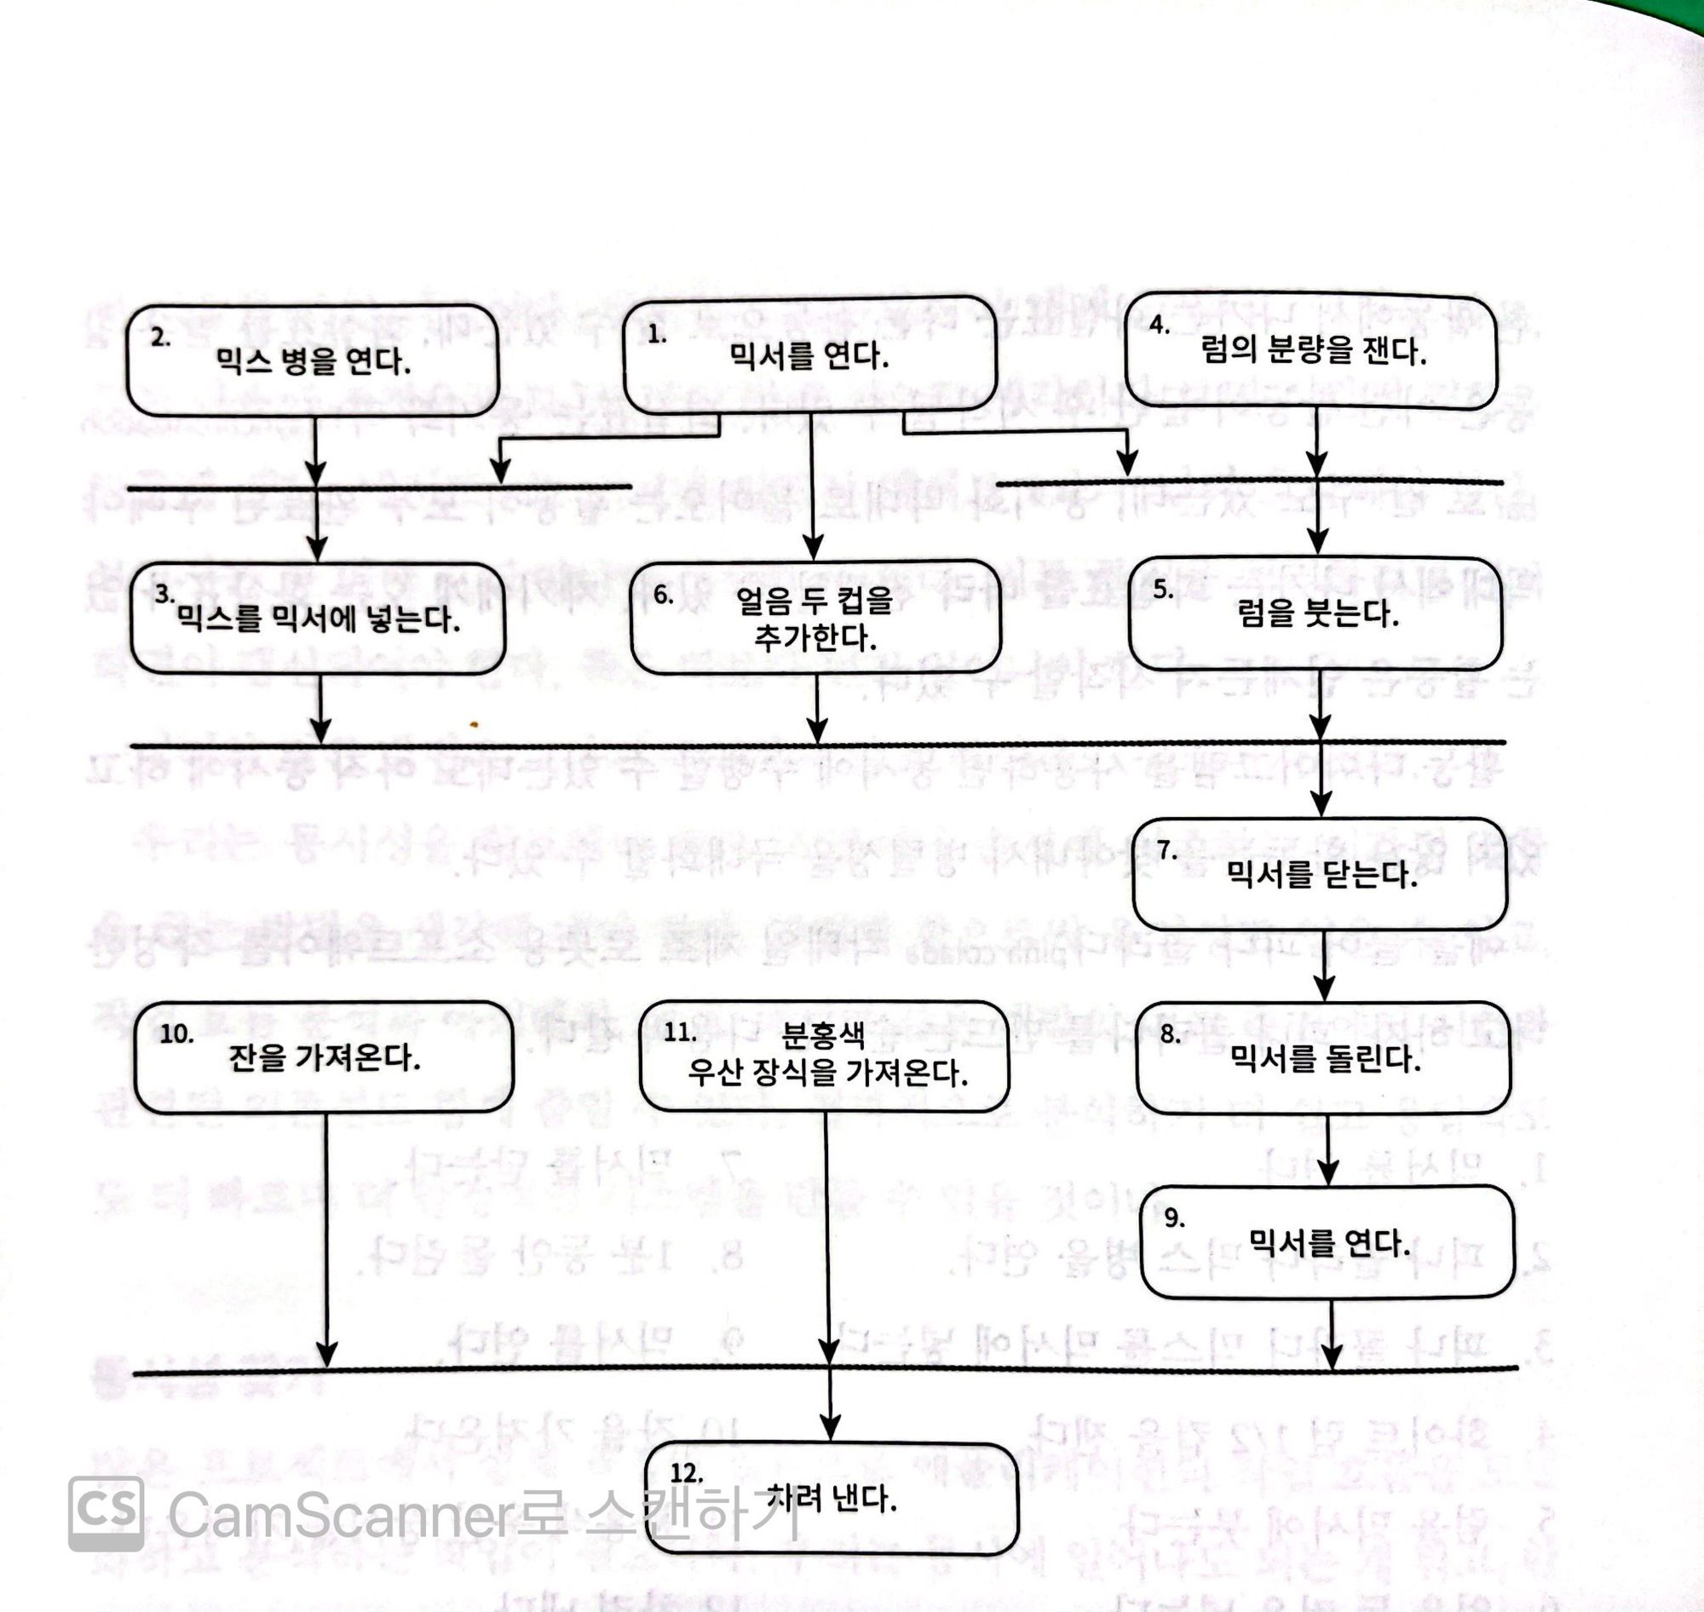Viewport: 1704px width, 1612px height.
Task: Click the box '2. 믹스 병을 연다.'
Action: click(x=313, y=362)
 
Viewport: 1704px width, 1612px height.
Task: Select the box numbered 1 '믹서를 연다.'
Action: click(x=809, y=355)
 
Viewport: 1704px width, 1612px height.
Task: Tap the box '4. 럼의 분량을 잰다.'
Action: click(x=1311, y=349)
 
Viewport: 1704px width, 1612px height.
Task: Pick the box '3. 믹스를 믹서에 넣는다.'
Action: click(x=318, y=619)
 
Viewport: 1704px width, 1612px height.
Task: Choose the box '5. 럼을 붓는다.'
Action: click(x=1315, y=613)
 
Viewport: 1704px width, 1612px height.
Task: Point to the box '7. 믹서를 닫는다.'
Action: click(x=1320, y=875)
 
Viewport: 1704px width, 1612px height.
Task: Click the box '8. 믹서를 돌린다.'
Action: click(x=1323, y=1057)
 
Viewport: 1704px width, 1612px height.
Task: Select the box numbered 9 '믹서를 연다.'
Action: click(x=1327, y=1241)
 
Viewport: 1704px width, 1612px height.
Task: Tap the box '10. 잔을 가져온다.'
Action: click(x=324, y=1056)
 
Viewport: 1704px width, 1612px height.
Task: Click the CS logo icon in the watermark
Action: click(x=106, y=1514)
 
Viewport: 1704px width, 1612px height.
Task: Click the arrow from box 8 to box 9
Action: click(x=1327, y=1149)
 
